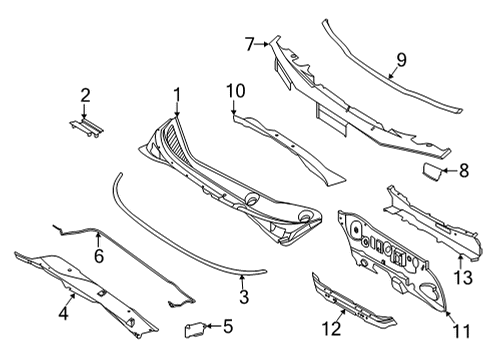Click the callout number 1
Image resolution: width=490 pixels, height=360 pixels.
(x=177, y=96)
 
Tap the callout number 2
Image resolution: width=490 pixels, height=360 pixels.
(x=86, y=96)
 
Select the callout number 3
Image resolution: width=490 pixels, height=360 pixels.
(x=243, y=297)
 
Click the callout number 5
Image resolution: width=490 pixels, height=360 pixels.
(x=228, y=325)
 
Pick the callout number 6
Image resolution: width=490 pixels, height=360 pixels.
(x=98, y=257)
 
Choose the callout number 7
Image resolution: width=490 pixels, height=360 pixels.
(x=250, y=43)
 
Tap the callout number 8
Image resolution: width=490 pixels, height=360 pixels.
(x=463, y=171)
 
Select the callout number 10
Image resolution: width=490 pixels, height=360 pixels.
(x=235, y=92)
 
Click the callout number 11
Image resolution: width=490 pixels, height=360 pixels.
(x=460, y=329)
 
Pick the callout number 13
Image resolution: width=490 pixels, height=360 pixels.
(x=462, y=277)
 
